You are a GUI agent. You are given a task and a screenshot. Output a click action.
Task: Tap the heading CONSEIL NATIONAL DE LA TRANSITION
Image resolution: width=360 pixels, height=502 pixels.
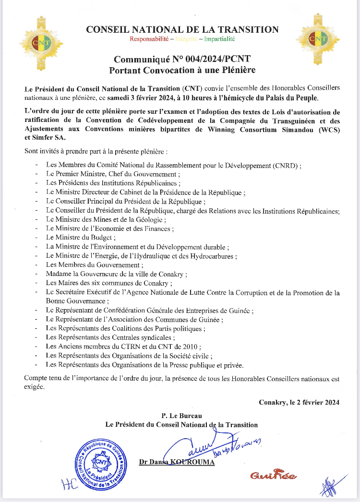pyautogui.click(x=182, y=29)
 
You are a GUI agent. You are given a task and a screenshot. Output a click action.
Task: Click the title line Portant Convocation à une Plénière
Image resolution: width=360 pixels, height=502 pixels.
pyautogui.click(x=182, y=70)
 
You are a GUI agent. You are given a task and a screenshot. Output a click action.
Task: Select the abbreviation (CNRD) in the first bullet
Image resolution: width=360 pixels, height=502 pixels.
pyautogui.click(x=285, y=165)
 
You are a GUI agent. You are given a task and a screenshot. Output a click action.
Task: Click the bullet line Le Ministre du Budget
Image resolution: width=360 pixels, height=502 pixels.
pyautogui.click(x=81, y=238)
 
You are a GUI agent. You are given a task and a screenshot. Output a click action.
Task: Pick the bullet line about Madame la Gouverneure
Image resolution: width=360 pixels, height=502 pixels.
pyautogui.click(x=117, y=274)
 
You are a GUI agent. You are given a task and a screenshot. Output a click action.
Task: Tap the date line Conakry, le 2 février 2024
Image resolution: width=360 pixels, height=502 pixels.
pyautogui.click(x=299, y=403)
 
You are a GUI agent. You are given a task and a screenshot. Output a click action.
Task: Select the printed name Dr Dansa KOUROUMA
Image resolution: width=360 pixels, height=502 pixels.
pyautogui.click(x=177, y=462)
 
